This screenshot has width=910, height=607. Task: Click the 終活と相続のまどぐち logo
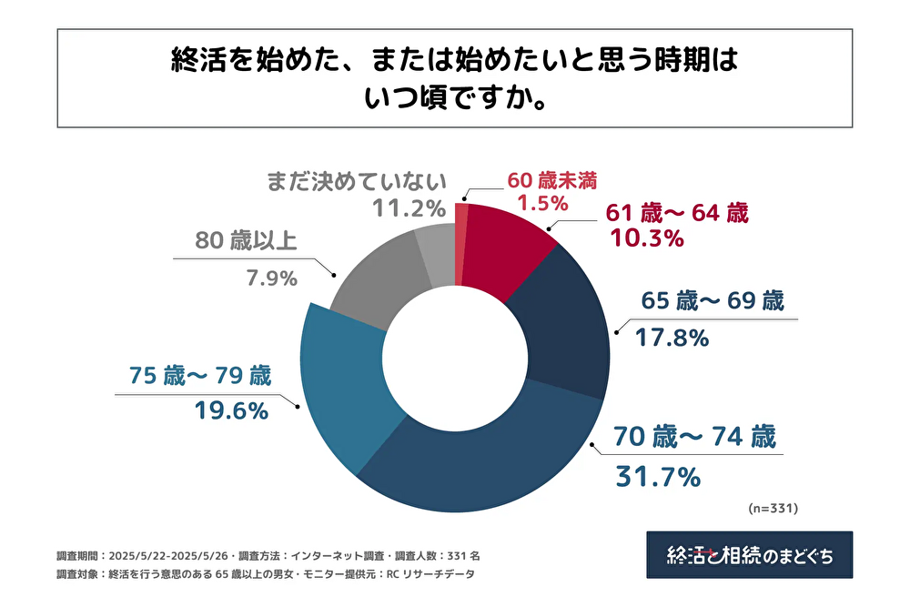pos(749,554)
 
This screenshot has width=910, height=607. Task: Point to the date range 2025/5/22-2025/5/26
pos(169,554)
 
